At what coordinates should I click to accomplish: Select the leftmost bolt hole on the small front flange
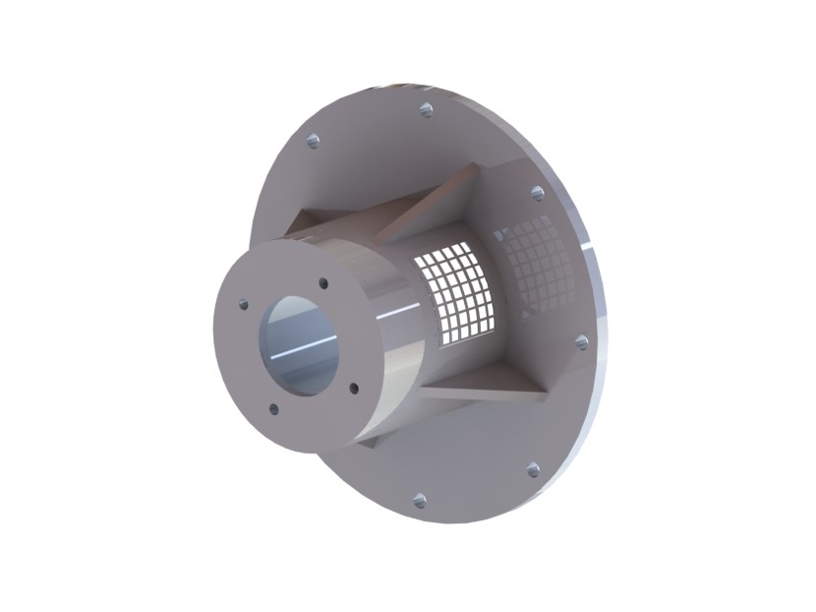click(243, 305)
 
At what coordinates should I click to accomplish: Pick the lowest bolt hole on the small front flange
click(273, 409)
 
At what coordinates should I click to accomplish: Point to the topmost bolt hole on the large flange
click(426, 109)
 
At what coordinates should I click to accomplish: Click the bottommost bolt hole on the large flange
click(419, 500)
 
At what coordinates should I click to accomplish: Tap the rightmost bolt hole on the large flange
click(581, 342)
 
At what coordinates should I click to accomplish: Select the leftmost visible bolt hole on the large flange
click(313, 141)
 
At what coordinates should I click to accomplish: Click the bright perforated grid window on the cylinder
click(455, 293)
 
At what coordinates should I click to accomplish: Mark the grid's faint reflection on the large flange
click(536, 264)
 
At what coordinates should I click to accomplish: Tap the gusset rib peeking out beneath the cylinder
click(369, 442)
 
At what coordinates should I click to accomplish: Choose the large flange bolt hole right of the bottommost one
click(534, 470)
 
